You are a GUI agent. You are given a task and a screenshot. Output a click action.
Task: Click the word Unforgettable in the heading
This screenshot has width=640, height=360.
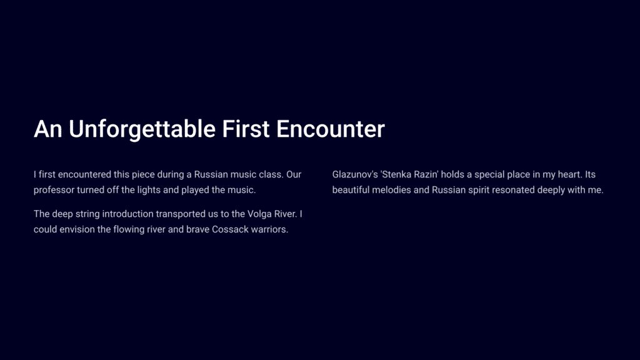click(x=142, y=129)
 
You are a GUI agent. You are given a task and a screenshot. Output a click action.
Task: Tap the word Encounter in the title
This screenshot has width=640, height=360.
click(x=331, y=129)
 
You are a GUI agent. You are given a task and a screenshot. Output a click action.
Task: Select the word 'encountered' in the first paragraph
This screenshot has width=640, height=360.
click(x=84, y=174)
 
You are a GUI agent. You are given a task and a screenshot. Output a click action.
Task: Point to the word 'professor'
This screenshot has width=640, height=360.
click(x=54, y=190)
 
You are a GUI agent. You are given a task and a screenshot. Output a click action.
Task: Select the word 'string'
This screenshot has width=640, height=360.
click(x=87, y=214)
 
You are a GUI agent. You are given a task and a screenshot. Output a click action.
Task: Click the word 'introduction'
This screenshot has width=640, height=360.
click(x=127, y=214)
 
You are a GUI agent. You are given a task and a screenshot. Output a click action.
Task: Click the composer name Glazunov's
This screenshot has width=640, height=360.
click(x=355, y=174)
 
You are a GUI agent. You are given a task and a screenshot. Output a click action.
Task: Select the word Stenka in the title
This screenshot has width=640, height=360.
click(x=396, y=174)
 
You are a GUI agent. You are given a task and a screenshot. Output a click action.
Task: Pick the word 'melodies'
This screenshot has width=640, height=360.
click(x=391, y=190)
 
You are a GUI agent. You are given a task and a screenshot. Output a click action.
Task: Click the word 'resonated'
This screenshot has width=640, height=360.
click(x=513, y=190)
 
